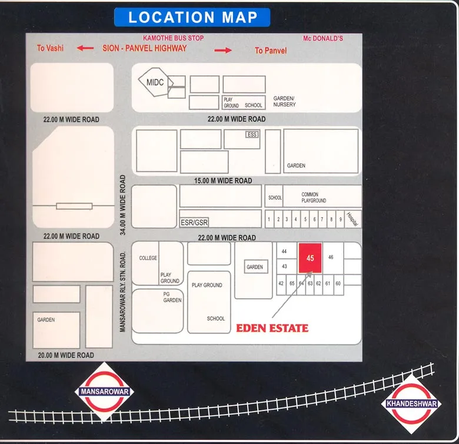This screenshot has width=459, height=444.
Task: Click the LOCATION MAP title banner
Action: point(193,17)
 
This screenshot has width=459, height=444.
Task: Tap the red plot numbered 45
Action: point(310,259)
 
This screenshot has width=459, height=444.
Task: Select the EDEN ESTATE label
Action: point(272,328)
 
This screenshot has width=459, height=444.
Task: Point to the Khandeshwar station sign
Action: point(411,404)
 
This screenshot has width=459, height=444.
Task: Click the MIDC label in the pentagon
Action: point(155,82)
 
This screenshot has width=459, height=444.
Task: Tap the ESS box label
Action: point(252,135)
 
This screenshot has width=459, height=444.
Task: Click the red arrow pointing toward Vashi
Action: point(85,48)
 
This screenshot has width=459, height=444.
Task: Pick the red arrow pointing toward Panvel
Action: point(223,51)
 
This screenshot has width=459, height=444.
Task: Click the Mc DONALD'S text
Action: point(323,38)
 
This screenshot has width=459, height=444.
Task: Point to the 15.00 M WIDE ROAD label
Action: point(223,181)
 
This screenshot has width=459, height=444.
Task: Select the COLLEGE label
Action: point(148,259)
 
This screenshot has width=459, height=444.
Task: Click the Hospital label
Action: point(352,219)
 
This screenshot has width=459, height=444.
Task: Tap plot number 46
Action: point(331,257)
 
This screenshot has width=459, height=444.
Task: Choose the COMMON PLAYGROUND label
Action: point(313,197)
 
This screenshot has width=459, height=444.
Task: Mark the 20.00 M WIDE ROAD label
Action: point(65,355)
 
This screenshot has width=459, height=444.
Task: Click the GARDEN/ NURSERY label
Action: point(285,101)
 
